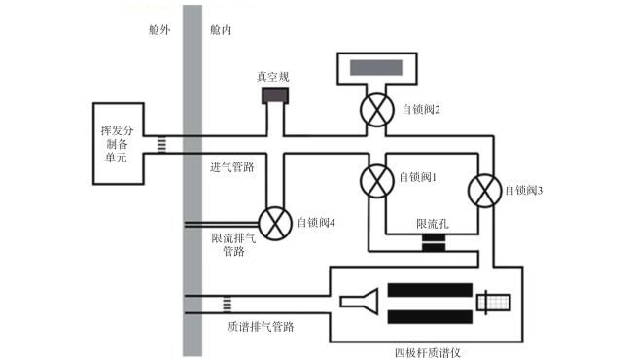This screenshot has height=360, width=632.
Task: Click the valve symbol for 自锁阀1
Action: (x=377, y=181)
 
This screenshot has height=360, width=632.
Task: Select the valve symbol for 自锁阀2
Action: (x=377, y=110)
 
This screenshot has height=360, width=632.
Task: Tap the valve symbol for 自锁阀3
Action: (x=484, y=191)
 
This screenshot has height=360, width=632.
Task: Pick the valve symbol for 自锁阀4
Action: (x=275, y=224)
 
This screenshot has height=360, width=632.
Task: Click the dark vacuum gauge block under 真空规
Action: (x=275, y=95)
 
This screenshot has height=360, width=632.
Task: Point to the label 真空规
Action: (x=273, y=77)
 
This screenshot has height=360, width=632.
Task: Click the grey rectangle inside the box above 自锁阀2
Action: (x=376, y=68)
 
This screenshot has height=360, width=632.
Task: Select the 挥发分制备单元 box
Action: (x=118, y=144)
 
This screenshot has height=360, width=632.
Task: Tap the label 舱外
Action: (x=159, y=30)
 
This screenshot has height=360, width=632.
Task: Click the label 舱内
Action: (x=221, y=30)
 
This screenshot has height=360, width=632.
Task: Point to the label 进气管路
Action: (x=232, y=167)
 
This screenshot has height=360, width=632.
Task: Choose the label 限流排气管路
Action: (x=233, y=244)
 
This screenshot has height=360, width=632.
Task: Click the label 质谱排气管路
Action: (x=261, y=326)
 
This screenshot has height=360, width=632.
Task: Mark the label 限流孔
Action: (x=433, y=224)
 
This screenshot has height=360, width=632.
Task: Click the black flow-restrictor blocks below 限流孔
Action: (x=434, y=243)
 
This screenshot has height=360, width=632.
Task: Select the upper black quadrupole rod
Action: (x=430, y=290)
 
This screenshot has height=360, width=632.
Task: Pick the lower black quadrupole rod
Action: (x=430, y=317)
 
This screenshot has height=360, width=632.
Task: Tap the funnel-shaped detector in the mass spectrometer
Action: (x=360, y=302)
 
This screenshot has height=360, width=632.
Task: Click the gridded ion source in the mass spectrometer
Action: (x=494, y=303)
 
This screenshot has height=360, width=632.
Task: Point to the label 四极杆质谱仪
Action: (x=427, y=353)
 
